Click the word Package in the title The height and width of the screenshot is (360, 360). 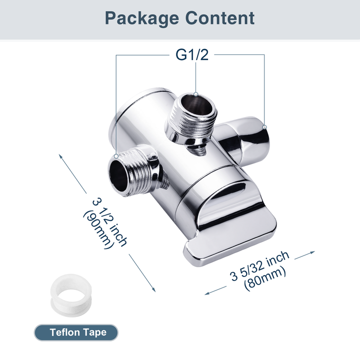tap(142, 18)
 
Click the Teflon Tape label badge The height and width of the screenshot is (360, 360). tap(77, 332)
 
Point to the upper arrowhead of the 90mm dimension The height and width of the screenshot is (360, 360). tap(61, 155)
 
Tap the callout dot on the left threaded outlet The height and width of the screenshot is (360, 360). tap(116, 156)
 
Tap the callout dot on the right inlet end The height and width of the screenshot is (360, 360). tap(264, 126)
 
